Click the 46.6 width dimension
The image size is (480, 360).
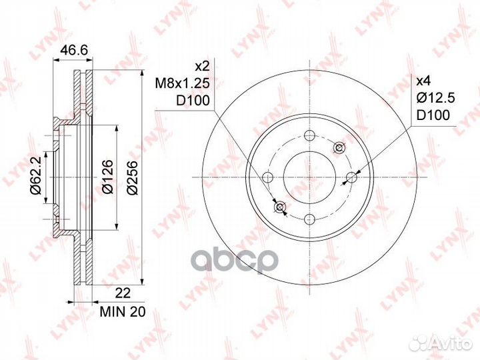73,50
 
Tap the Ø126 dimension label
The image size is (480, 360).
108,177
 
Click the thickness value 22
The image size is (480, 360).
123,293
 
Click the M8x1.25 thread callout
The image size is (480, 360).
182,83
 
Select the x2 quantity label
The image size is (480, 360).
202,66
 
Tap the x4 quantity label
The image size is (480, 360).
424,81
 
